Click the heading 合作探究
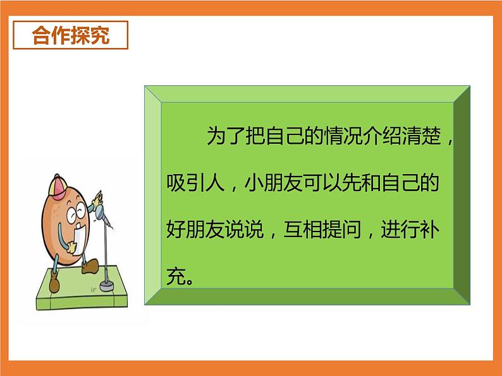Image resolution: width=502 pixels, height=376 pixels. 71,35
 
